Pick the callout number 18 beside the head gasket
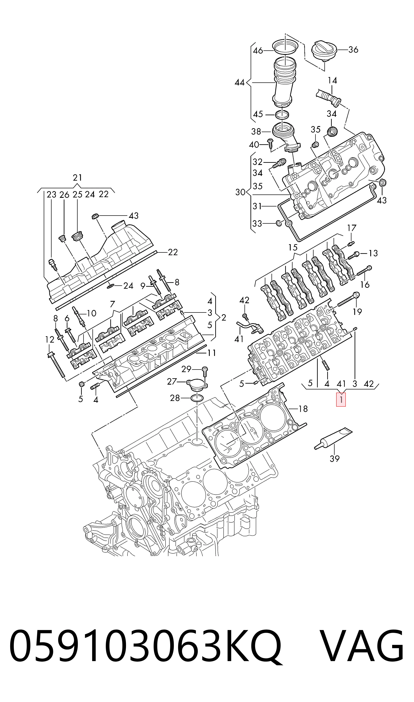point(303,409)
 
